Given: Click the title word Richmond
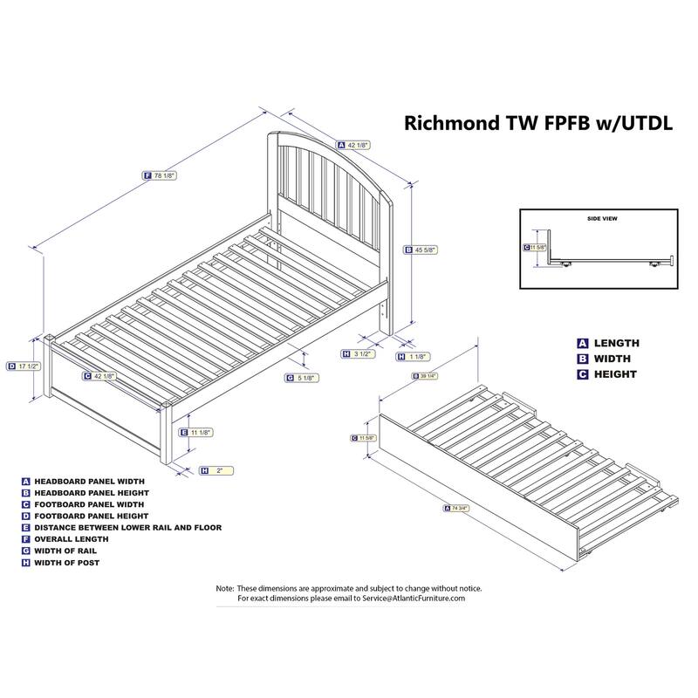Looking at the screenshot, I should tap(448, 123).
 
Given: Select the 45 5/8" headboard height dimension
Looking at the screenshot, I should tap(425, 250).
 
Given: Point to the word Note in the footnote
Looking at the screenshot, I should tap(225, 588).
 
